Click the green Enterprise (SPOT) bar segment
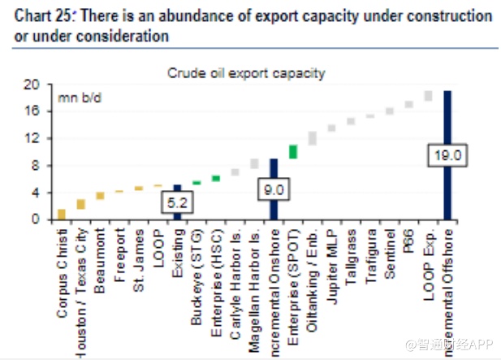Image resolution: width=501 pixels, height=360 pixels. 293,151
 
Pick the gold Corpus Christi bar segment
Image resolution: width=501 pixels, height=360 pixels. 61,214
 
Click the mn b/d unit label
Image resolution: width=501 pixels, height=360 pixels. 78,98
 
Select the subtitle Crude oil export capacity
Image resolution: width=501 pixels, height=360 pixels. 246,73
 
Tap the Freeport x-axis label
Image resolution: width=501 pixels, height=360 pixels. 119,251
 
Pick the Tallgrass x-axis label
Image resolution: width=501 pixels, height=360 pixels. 351,253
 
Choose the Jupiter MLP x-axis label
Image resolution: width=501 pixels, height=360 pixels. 332,256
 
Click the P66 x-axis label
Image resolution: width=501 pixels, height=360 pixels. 408,239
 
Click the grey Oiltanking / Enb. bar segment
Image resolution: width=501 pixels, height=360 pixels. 313,137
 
